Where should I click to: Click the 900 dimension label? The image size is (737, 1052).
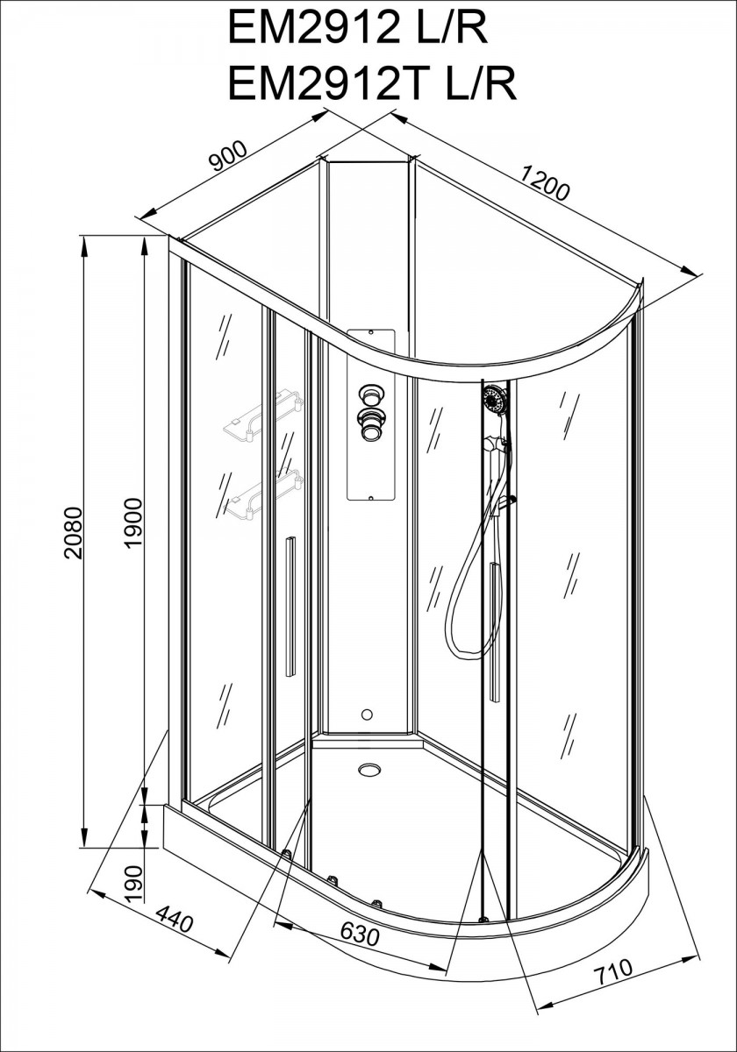pos(228,155)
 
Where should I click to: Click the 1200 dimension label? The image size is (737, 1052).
pos(545,183)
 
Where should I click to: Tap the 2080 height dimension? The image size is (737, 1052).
pos(74,532)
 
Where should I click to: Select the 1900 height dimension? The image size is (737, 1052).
pos(133,522)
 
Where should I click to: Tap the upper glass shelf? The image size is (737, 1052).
pos(262,415)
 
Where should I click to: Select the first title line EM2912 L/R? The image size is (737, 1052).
pos(357,29)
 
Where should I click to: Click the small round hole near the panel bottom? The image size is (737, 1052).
pos(367,714)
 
